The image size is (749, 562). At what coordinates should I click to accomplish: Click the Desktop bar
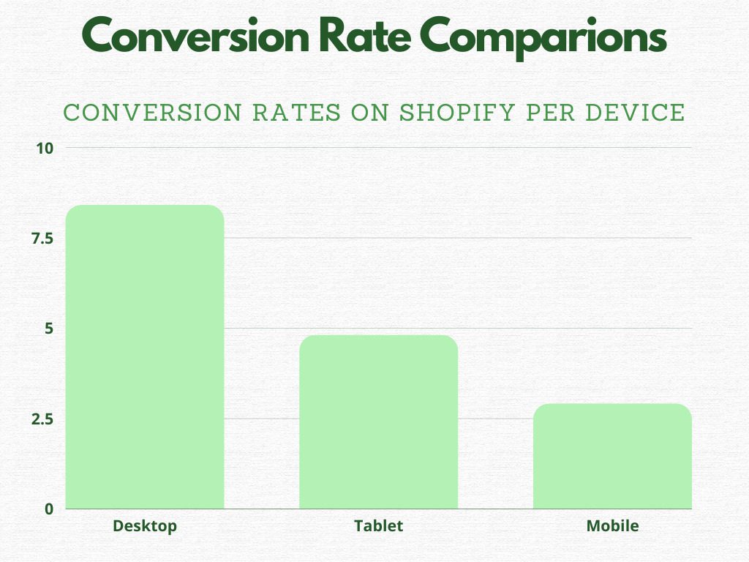pyautogui.click(x=145, y=357)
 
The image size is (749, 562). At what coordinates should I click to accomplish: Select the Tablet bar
pyautogui.click(x=379, y=422)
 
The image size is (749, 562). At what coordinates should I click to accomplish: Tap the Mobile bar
pyautogui.click(x=612, y=456)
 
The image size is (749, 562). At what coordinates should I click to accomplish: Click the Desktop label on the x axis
pyautogui.click(x=145, y=525)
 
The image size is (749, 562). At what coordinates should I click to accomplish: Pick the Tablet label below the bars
pyautogui.click(x=379, y=525)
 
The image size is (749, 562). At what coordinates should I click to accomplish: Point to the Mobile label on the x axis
pyautogui.click(x=612, y=525)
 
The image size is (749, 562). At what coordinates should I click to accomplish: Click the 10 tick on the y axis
pyautogui.click(x=45, y=148)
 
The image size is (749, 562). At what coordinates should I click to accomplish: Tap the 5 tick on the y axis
pyautogui.click(x=49, y=329)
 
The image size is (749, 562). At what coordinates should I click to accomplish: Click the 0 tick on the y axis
pyautogui.click(x=49, y=509)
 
